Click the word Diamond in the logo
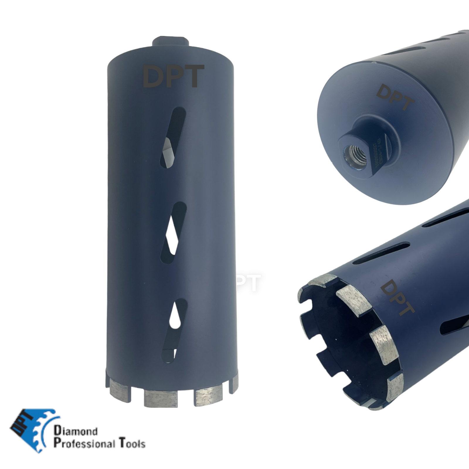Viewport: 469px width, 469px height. [x=76, y=431]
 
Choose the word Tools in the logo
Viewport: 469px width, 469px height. [x=132, y=443]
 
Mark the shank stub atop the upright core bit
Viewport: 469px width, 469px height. [x=170, y=41]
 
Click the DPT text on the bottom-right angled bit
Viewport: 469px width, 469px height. [x=397, y=298]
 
